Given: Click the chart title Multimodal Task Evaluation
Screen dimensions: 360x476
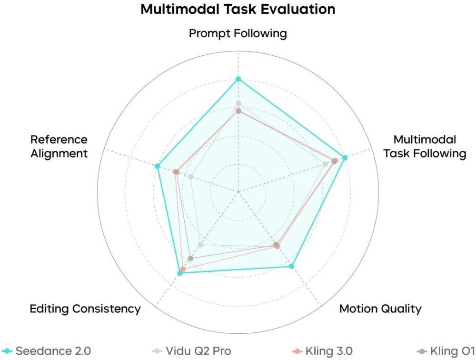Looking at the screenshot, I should coord(238,9).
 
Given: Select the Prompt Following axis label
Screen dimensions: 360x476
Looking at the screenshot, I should coord(238,33).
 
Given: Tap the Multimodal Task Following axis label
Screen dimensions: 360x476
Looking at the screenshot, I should coord(425,147).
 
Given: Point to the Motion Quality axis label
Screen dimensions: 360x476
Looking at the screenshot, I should coord(380,309).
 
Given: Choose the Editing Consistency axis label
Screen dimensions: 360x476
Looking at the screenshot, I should coord(85,309).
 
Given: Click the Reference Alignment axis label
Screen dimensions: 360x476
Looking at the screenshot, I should coord(59,147).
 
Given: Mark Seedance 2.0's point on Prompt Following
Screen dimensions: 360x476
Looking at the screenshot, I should coord(238,79).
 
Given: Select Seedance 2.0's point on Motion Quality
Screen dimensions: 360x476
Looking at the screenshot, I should coord(292,266).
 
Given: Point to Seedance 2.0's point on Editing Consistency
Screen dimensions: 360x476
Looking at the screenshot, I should coord(180,273).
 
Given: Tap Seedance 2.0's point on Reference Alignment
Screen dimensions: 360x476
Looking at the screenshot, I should coord(157,166).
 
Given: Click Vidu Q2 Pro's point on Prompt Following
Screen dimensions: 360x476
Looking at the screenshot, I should coord(238,103).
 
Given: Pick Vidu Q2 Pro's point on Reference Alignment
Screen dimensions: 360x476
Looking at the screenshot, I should coord(190,177).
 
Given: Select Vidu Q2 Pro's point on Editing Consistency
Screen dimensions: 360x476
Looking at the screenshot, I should coord(200,245).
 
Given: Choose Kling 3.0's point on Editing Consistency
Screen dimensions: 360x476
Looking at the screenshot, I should coord(183,269).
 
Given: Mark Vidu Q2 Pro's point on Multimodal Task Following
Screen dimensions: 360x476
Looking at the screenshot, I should coord(325,164).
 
